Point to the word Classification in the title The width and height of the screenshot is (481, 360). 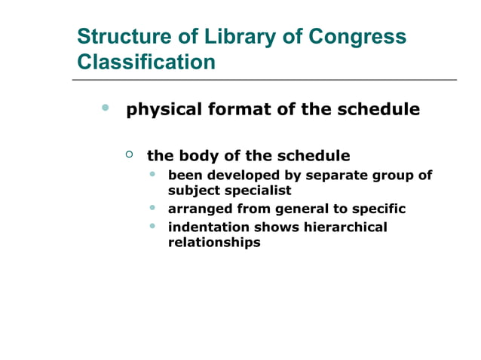[146, 62]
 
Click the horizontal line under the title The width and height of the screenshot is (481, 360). [264, 79]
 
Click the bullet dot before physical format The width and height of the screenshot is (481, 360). [106, 108]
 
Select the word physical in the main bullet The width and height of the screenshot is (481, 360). [162, 109]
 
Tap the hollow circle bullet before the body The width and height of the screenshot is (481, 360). [129, 154]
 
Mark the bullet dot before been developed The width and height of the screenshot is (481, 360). [153, 174]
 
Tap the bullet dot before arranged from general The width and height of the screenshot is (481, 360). [153, 207]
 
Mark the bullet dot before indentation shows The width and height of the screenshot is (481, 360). [153, 225]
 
